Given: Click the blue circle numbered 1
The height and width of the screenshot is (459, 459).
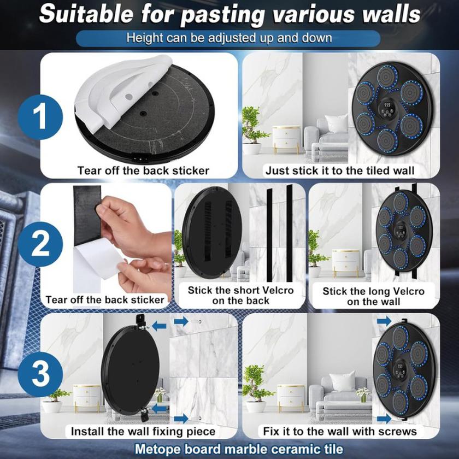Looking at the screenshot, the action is click(40, 117).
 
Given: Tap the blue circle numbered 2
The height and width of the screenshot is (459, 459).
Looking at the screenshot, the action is click(40, 244).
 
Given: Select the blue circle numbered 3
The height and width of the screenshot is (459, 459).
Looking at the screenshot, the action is click(40, 374).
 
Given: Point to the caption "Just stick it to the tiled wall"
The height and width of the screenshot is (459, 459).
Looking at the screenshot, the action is click(340, 170).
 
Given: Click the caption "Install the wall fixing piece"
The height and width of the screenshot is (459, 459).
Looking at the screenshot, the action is click(143, 431).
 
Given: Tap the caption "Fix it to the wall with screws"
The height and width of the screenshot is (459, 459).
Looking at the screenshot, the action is click(340, 431).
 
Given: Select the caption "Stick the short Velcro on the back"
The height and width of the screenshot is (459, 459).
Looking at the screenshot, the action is click(240, 296).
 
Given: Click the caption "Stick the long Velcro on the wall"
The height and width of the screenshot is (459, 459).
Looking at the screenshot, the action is click(374, 296).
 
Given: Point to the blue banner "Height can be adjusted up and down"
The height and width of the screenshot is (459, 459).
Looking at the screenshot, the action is click(228, 38).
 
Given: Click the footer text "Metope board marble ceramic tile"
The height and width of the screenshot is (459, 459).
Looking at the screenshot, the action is click(239, 449).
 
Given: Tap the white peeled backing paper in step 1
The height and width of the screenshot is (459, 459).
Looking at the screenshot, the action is click(120, 88).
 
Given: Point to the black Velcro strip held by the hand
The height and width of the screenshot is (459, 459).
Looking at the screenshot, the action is click(87, 215).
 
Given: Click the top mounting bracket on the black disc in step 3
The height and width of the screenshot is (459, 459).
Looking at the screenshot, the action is click(141, 321).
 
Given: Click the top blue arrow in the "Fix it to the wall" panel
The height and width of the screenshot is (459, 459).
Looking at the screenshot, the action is click(384, 321).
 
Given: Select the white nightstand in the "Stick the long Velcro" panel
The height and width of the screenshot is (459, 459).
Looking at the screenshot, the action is click(346, 261).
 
